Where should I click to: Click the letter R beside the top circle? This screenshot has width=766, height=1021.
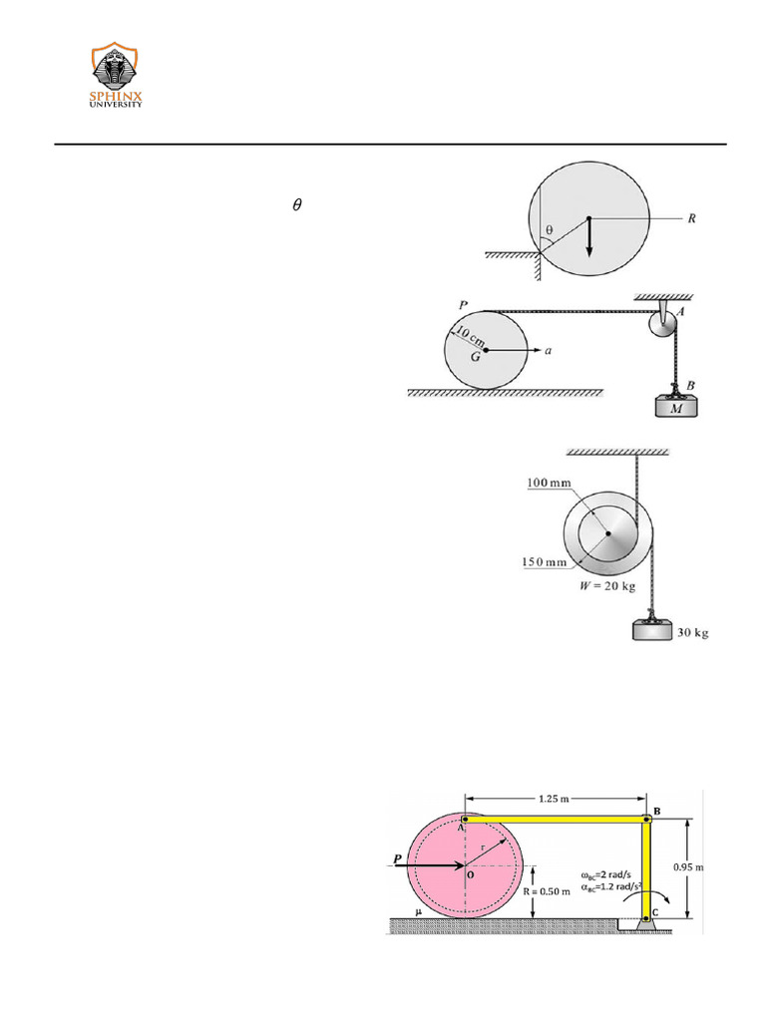[x=691, y=217]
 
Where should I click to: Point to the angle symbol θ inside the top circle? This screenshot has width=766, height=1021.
[x=549, y=229]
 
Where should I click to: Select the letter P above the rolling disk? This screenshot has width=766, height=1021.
[x=463, y=305]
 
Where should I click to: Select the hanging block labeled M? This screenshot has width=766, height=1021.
[x=677, y=407]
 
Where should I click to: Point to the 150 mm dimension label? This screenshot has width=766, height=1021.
[x=545, y=562]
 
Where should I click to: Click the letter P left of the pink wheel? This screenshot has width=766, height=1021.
[x=399, y=857]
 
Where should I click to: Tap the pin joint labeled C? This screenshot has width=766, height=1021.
[x=647, y=914]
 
